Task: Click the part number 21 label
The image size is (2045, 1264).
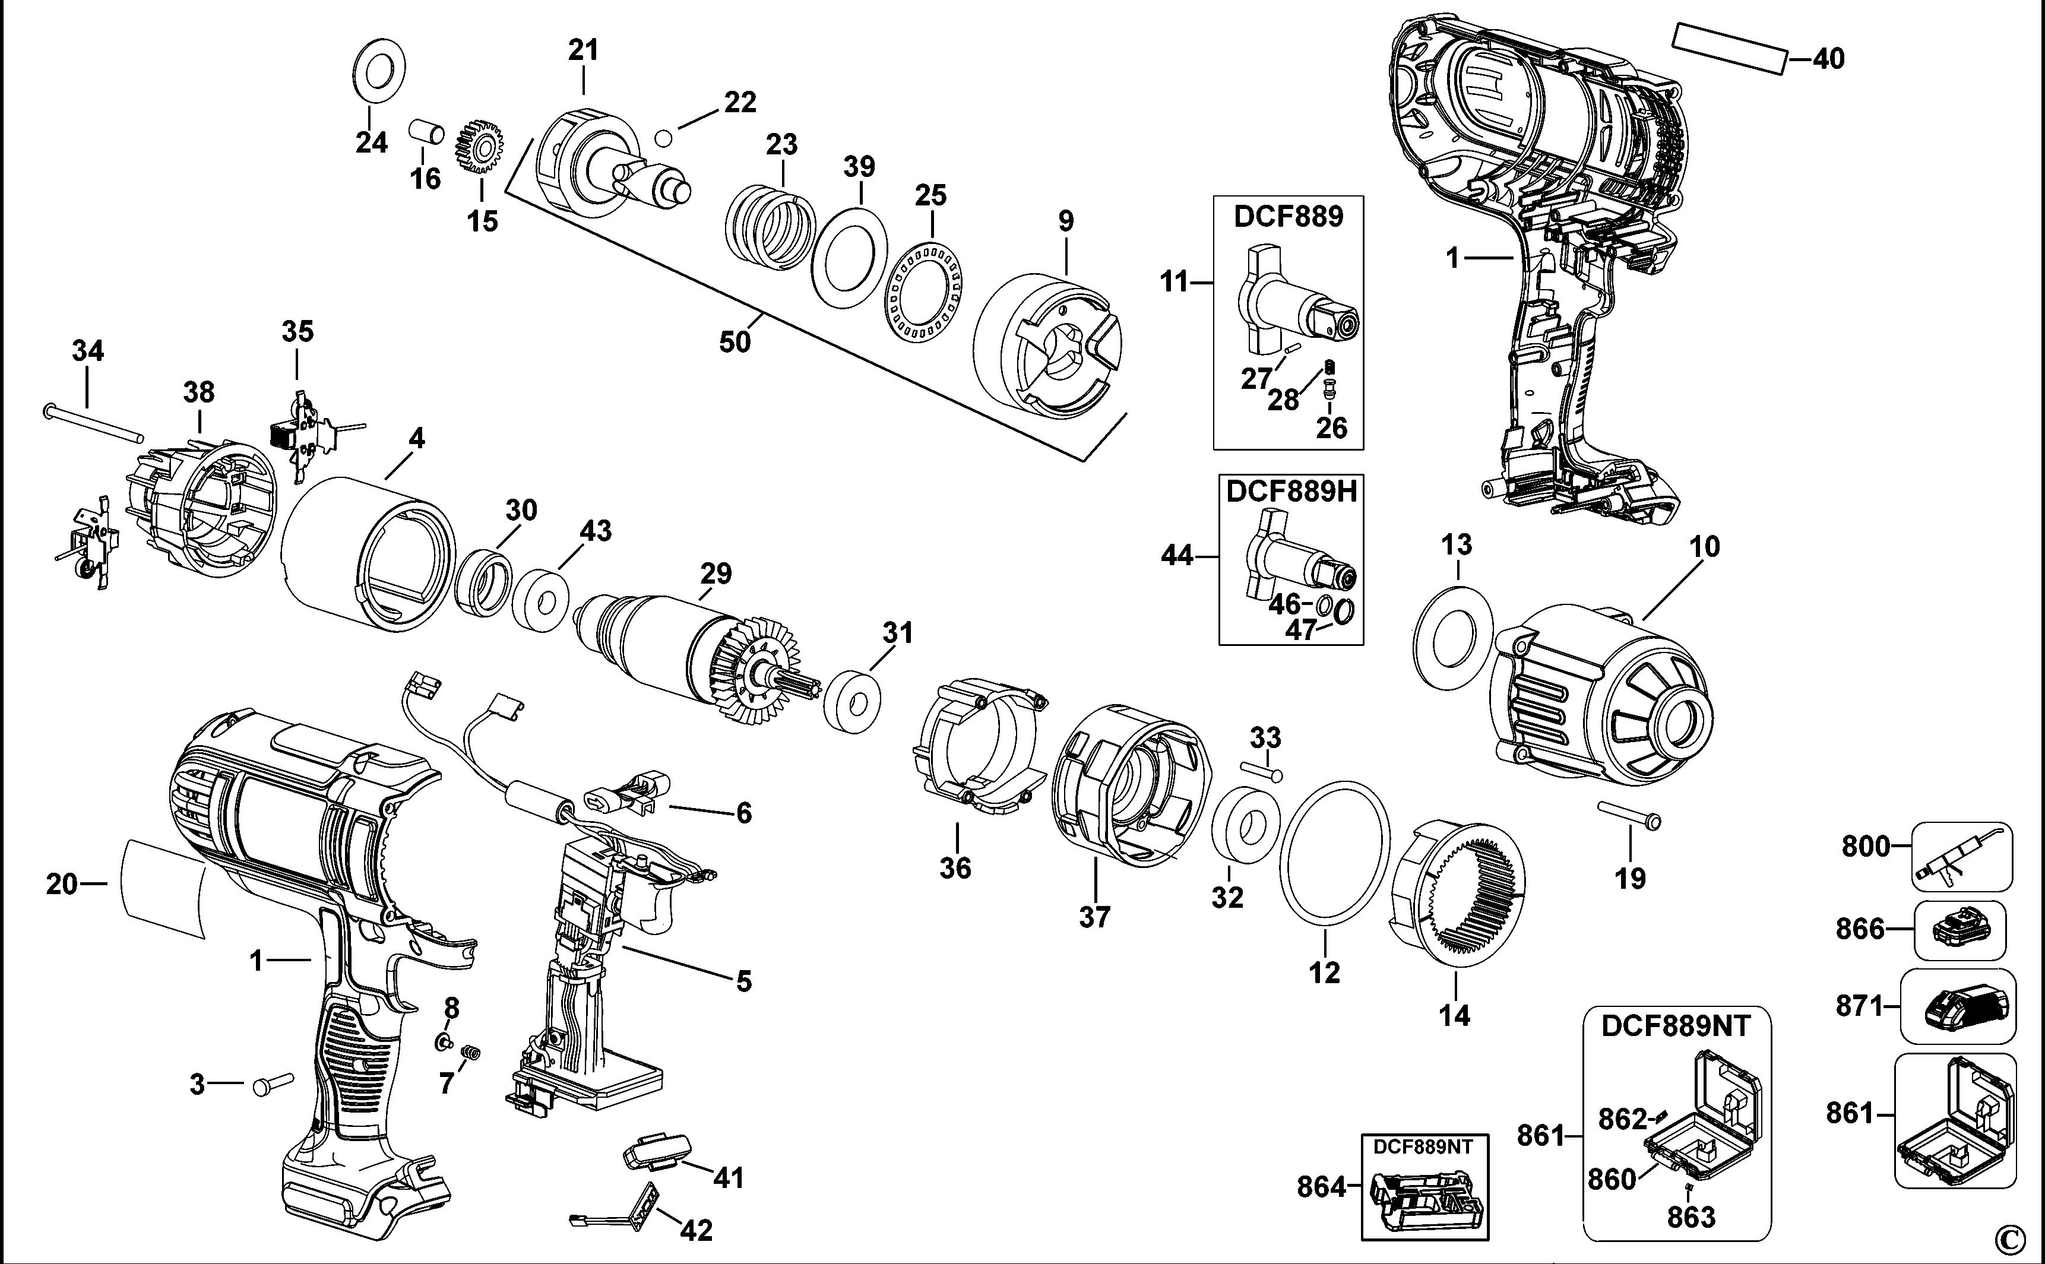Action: click(584, 51)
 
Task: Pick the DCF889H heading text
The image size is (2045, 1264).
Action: click(1291, 492)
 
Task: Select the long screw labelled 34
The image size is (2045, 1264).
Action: click(92, 422)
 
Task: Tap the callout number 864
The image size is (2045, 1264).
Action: click(1321, 1187)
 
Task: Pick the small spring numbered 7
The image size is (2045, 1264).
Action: click(471, 1053)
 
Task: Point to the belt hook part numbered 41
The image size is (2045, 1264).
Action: click(658, 1151)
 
